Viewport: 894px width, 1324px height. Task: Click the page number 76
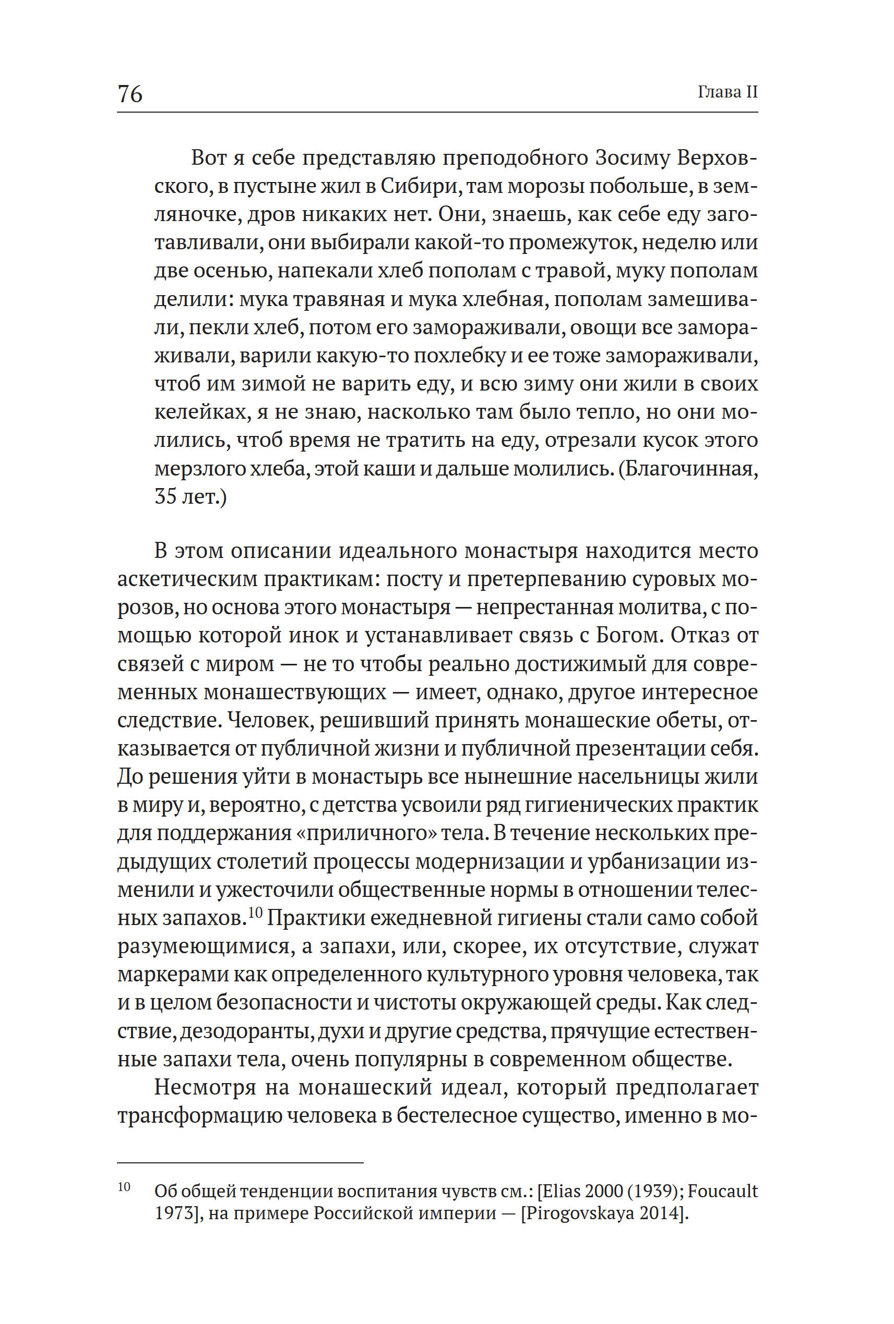click(130, 93)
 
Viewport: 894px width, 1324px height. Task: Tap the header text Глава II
click(728, 92)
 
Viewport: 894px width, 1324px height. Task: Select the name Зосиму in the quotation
click(631, 158)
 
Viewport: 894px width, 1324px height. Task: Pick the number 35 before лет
click(165, 497)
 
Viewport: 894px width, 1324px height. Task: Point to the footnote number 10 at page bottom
click(124, 1187)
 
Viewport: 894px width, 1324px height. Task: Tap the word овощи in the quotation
click(602, 327)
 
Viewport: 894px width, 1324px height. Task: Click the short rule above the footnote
click(240, 1162)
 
